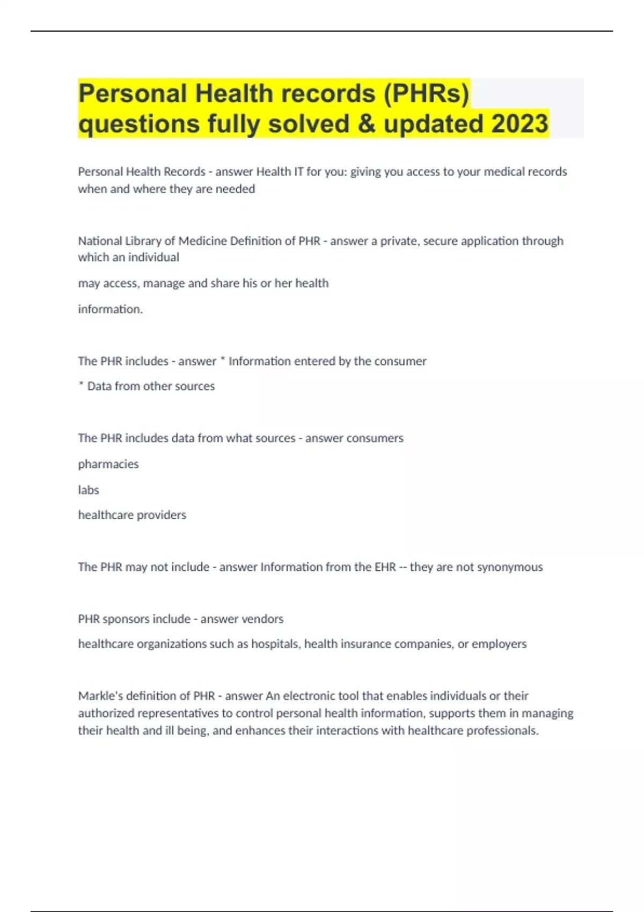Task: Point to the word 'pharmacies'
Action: pos(108,464)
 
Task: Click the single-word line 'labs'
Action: pos(89,490)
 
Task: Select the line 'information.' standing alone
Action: pos(111,310)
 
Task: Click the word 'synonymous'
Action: pos(510,567)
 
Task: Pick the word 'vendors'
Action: pos(263,619)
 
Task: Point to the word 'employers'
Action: pos(499,644)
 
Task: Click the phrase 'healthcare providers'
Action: pos(132,515)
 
